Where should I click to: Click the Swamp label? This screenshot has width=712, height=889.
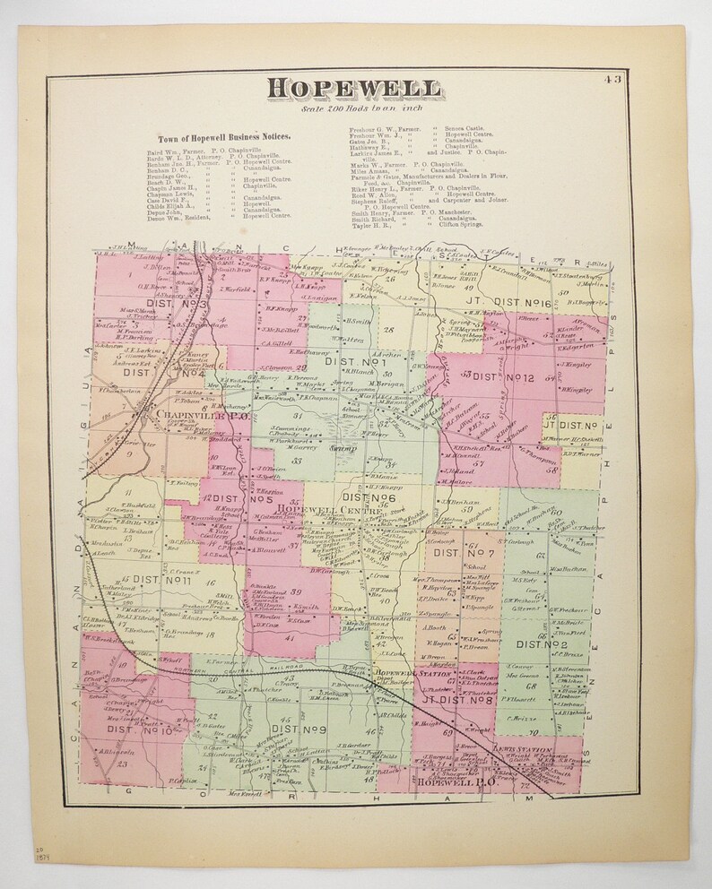coord(344,446)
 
